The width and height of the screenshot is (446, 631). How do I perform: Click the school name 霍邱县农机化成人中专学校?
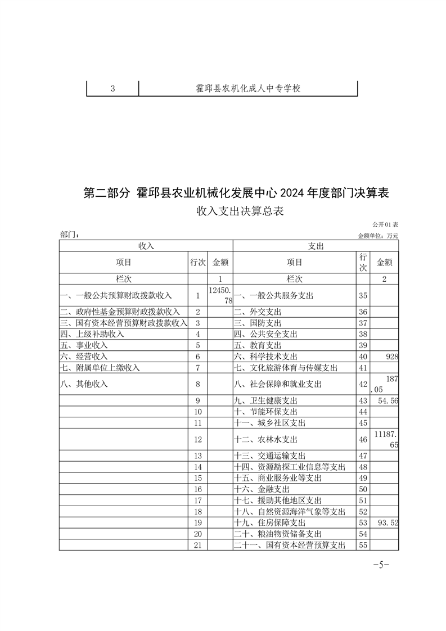[x=248, y=89]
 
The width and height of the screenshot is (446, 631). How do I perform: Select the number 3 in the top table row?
[x=113, y=89]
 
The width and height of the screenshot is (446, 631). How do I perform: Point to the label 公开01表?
[x=385, y=225]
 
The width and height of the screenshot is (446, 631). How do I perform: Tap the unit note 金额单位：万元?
[x=377, y=236]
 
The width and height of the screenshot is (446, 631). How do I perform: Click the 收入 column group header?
[x=146, y=246]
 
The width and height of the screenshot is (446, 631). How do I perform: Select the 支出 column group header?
[x=316, y=246]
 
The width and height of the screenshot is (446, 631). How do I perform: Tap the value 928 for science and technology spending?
[x=391, y=357]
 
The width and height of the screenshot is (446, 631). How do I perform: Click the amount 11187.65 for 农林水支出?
[x=386, y=439]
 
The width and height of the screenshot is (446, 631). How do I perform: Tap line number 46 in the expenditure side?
[x=362, y=439]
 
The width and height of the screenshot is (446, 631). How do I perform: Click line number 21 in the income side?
[x=197, y=545]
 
